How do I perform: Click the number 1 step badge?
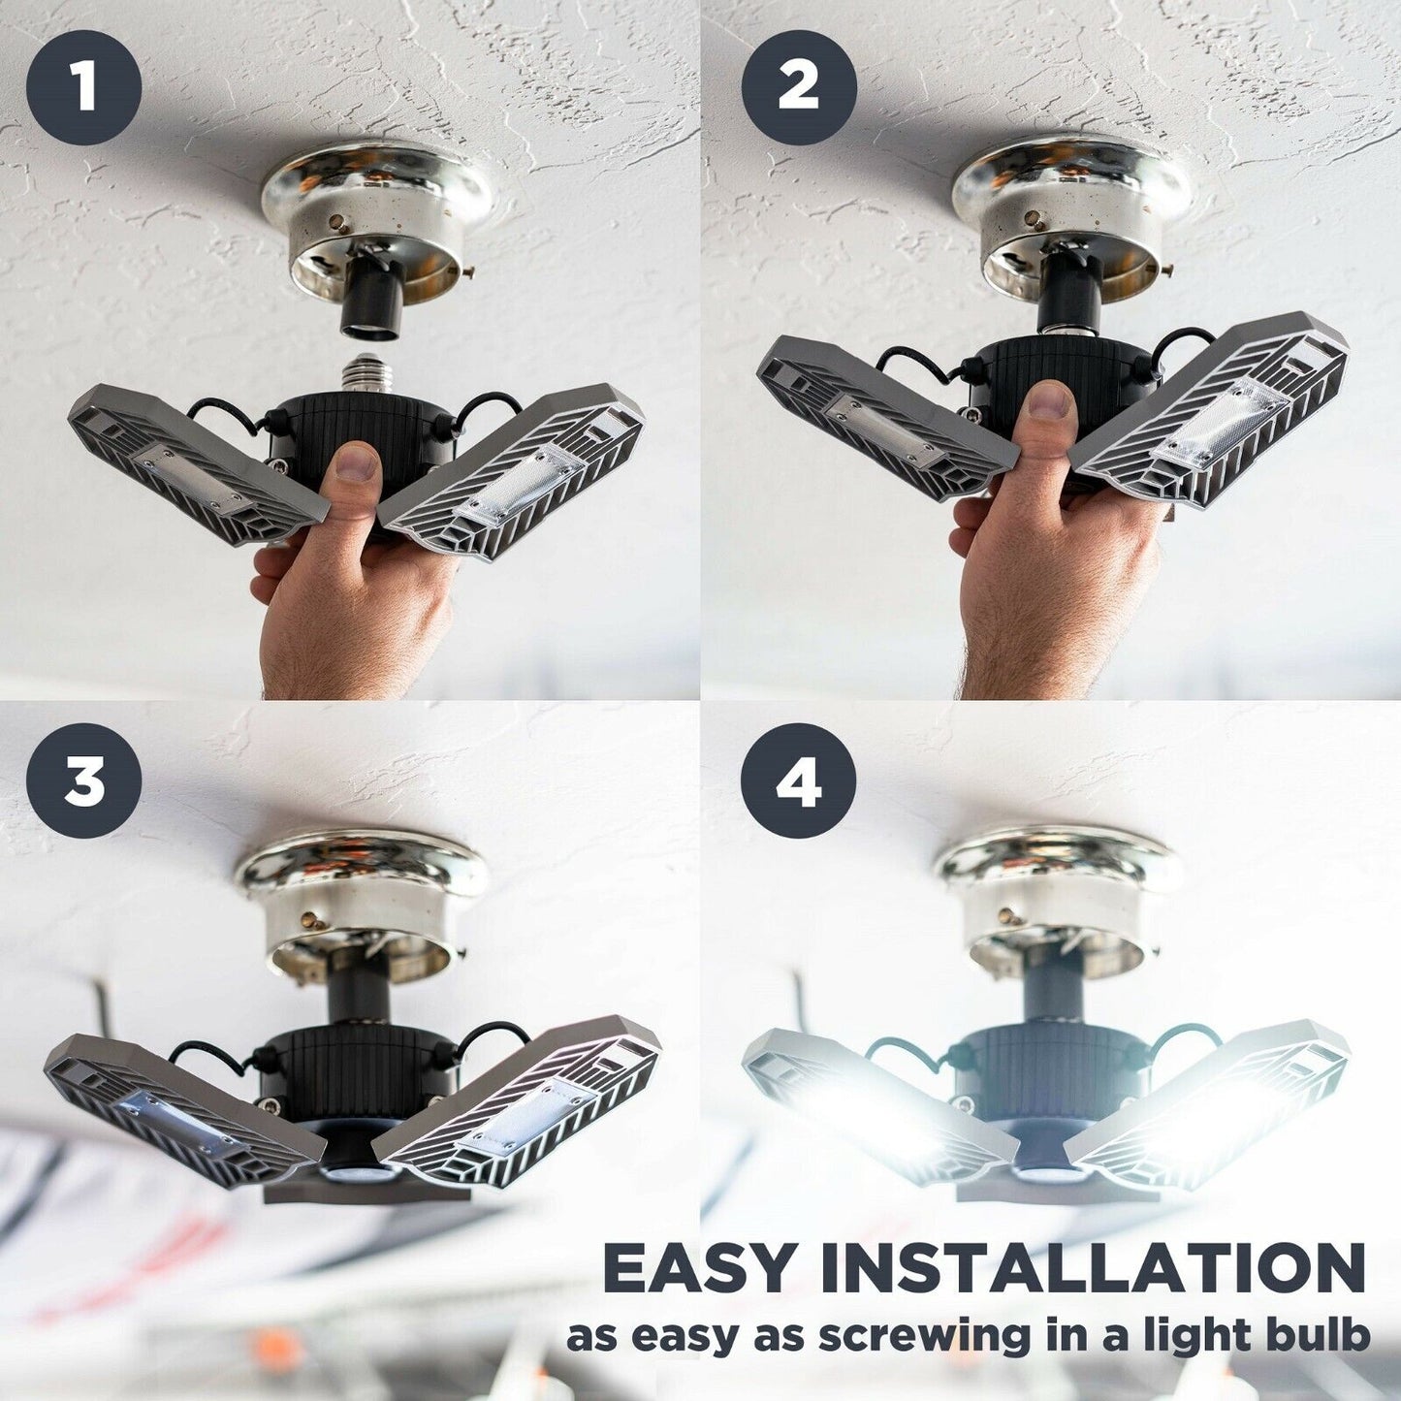coord(83,87)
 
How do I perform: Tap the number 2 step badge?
coord(798,87)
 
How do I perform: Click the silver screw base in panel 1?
coord(367,372)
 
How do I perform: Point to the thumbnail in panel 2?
coord(1050,400)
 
